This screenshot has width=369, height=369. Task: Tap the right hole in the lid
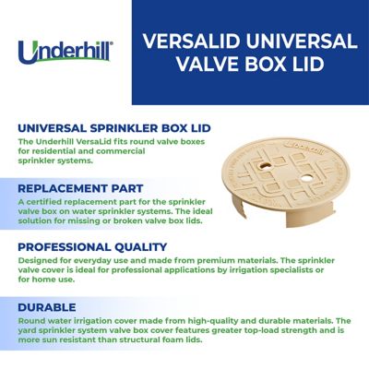click(x=293, y=161)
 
